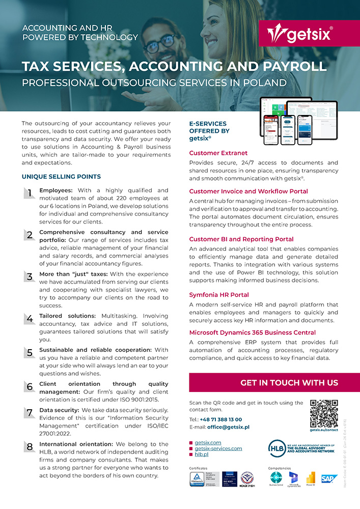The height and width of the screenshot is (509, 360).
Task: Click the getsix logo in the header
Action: (299, 34)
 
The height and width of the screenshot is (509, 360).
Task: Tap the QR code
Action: (324, 413)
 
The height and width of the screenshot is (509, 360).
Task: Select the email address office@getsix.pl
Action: (228, 427)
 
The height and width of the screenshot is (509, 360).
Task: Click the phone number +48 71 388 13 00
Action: (221, 419)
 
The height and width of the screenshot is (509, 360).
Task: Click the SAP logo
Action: (329, 478)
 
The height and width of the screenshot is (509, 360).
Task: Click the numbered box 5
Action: (30, 352)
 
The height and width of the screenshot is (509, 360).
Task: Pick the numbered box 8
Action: (30, 447)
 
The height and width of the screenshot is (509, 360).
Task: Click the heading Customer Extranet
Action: (218, 153)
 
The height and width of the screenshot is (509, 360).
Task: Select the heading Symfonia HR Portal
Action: (219, 295)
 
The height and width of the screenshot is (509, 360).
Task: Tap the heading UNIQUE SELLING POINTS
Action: (61, 177)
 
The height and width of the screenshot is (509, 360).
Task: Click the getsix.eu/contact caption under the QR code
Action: (324, 430)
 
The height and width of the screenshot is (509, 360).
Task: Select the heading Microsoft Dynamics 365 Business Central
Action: (253, 333)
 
